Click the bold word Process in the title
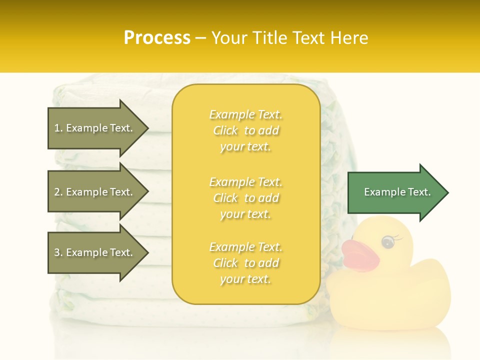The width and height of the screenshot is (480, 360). coord(157,38)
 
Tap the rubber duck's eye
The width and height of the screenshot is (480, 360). coord(387,242)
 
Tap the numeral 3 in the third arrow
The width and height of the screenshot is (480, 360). coord(57,252)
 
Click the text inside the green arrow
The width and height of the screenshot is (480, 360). coord(397,192)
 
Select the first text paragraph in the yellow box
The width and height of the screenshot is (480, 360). coord(245,130)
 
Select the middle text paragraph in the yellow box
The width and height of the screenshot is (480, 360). coord(245,197)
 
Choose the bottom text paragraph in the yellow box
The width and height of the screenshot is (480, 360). coord(245,263)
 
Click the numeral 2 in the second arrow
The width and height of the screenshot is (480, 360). coord(57,192)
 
